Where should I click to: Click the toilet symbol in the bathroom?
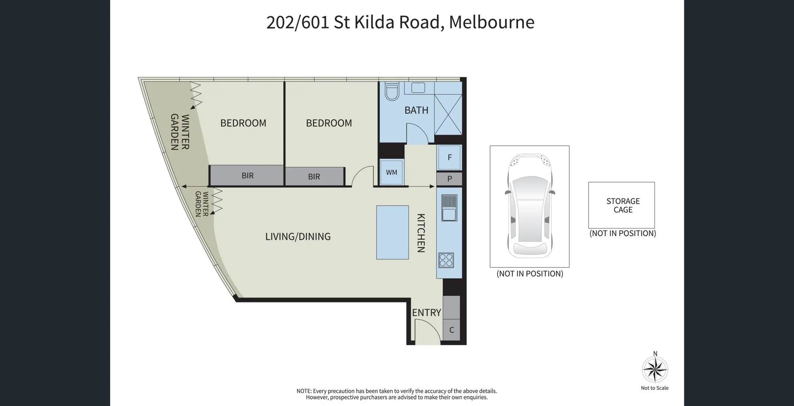pos(391,91)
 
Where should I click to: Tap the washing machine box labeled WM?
pos(391,172)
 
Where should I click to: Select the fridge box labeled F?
pos(449,157)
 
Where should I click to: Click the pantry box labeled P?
pos(449,179)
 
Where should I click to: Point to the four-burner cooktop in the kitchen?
pos(446,260)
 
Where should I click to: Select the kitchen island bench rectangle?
pos(392,232)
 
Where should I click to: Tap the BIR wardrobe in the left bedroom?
pos(247,176)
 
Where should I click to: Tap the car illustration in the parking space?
pos(529,205)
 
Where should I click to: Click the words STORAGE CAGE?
pos(622,205)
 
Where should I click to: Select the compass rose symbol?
pos(654,369)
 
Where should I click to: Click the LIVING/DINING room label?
pos(298,236)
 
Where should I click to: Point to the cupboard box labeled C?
pos(451,330)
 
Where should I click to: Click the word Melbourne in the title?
pos(491,22)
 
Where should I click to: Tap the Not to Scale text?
pos(654,388)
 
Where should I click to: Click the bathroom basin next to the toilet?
pos(418,88)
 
